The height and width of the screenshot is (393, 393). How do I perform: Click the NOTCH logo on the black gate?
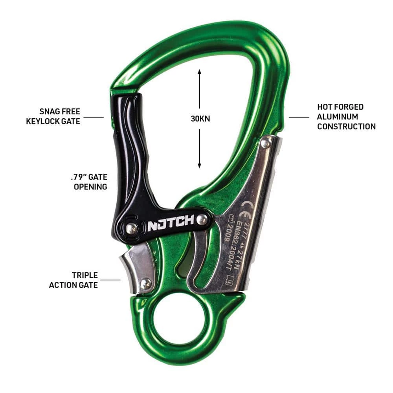[x=170, y=225]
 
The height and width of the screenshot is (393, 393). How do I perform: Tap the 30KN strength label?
[x=199, y=119]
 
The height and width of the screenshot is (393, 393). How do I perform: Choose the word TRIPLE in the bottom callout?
[x=84, y=275]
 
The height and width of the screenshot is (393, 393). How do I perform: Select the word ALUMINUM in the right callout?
[x=338, y=117]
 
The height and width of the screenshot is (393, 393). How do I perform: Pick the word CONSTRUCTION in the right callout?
[x=346, y=127]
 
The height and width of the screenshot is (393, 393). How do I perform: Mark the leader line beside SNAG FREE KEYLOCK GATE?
[x=94, y=117]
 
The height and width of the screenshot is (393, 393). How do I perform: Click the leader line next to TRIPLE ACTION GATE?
[x=110, y=280]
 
